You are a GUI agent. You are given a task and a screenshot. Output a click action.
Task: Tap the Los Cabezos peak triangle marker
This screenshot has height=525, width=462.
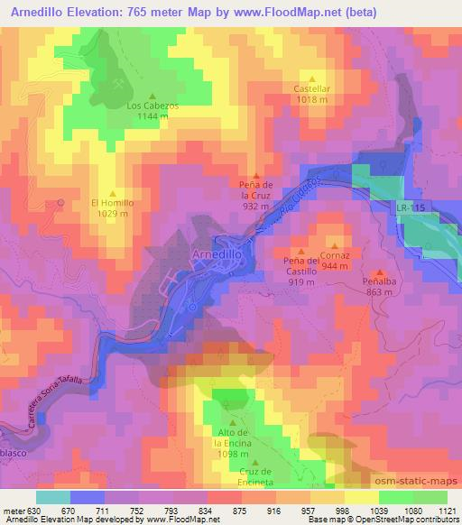(x=152, y=97)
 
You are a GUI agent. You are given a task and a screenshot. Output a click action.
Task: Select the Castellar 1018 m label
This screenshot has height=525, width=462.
(x=312, y=93)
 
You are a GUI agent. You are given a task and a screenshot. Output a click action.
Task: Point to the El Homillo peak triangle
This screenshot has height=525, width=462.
(x=113, y=192)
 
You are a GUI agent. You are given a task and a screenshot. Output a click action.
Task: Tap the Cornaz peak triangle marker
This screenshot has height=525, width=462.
(x=335, y=244)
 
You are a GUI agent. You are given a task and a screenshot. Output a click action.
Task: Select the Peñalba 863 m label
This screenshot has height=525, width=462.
(x=380, y=286)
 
